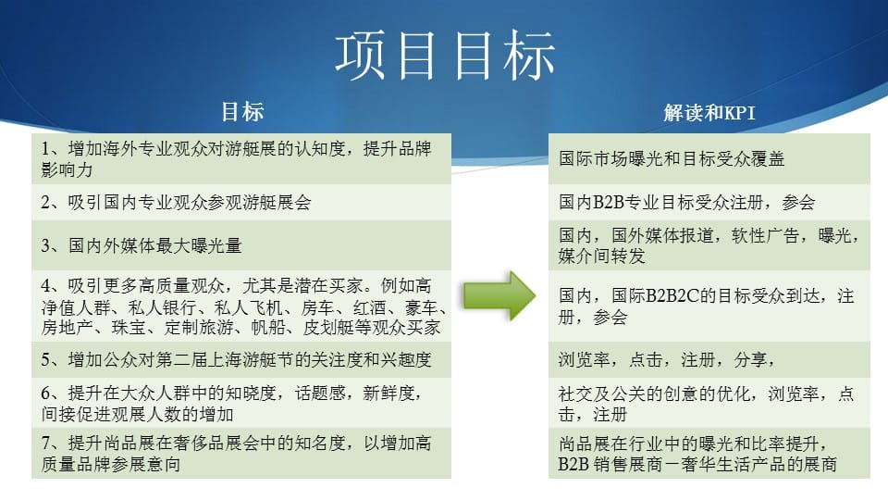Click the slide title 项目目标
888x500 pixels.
[x=445, y=55]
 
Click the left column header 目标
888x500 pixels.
[x=241, y=111]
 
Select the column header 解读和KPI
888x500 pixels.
[x=709, y=112]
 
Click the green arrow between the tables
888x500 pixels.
[x=499, y=294]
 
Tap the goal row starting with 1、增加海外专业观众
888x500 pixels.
[x=241, y=158]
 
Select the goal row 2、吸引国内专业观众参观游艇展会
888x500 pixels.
[x=241, y=202]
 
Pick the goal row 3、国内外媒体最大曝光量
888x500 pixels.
[x=241, y=244]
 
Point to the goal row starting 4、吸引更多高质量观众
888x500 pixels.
[x=241, y=306]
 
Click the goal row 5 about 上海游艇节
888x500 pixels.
[x=241, y=359]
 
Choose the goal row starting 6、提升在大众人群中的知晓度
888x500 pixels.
[x=241, y=403]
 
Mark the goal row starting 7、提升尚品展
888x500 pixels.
[x=241, y=453]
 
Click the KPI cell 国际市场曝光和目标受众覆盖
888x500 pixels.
[x=709, y=158]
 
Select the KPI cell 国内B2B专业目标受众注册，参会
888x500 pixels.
[x=709, y=202]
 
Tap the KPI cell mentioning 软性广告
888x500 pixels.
[x=709, y=244]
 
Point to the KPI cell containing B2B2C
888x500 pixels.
[x=709, y=306]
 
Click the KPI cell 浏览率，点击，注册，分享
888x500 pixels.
[x=709, y=359]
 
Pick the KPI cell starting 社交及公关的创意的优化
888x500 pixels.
[x=709, y=403]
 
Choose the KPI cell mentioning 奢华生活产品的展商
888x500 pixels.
[x=709, y=453]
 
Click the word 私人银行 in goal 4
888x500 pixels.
[x=162, y=307]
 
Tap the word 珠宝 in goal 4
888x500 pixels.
[x=129, y=327]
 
